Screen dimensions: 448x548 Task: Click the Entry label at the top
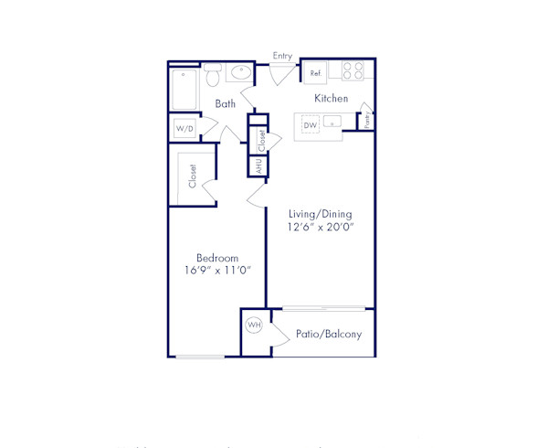pos(282,56)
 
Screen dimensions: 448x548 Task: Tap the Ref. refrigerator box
pos(316,72)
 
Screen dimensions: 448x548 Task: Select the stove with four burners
pos(353,70)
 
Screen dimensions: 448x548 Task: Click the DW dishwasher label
pos(310,124)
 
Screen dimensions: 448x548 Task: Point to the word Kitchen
pos(331,98)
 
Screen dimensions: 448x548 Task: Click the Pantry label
pos(366,118)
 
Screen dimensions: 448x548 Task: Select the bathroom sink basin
pos(242,72)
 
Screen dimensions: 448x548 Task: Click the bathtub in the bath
pos(184,90)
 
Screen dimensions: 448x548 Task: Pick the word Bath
pos(226,104)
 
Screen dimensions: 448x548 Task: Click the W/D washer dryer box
pos(184,130)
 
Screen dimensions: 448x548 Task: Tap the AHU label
pos(259,166)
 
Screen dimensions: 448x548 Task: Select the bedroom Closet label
pos(193,176)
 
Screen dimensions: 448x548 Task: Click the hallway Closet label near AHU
pos(261,140)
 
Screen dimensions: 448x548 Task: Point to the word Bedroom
pos(217,258)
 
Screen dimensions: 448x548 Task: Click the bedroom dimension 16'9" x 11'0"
pos(217,271)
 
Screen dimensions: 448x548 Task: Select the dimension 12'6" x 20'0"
pos(320,227)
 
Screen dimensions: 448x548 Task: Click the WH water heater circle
pos(254,325)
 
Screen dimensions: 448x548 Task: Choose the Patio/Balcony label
pos(329,335)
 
